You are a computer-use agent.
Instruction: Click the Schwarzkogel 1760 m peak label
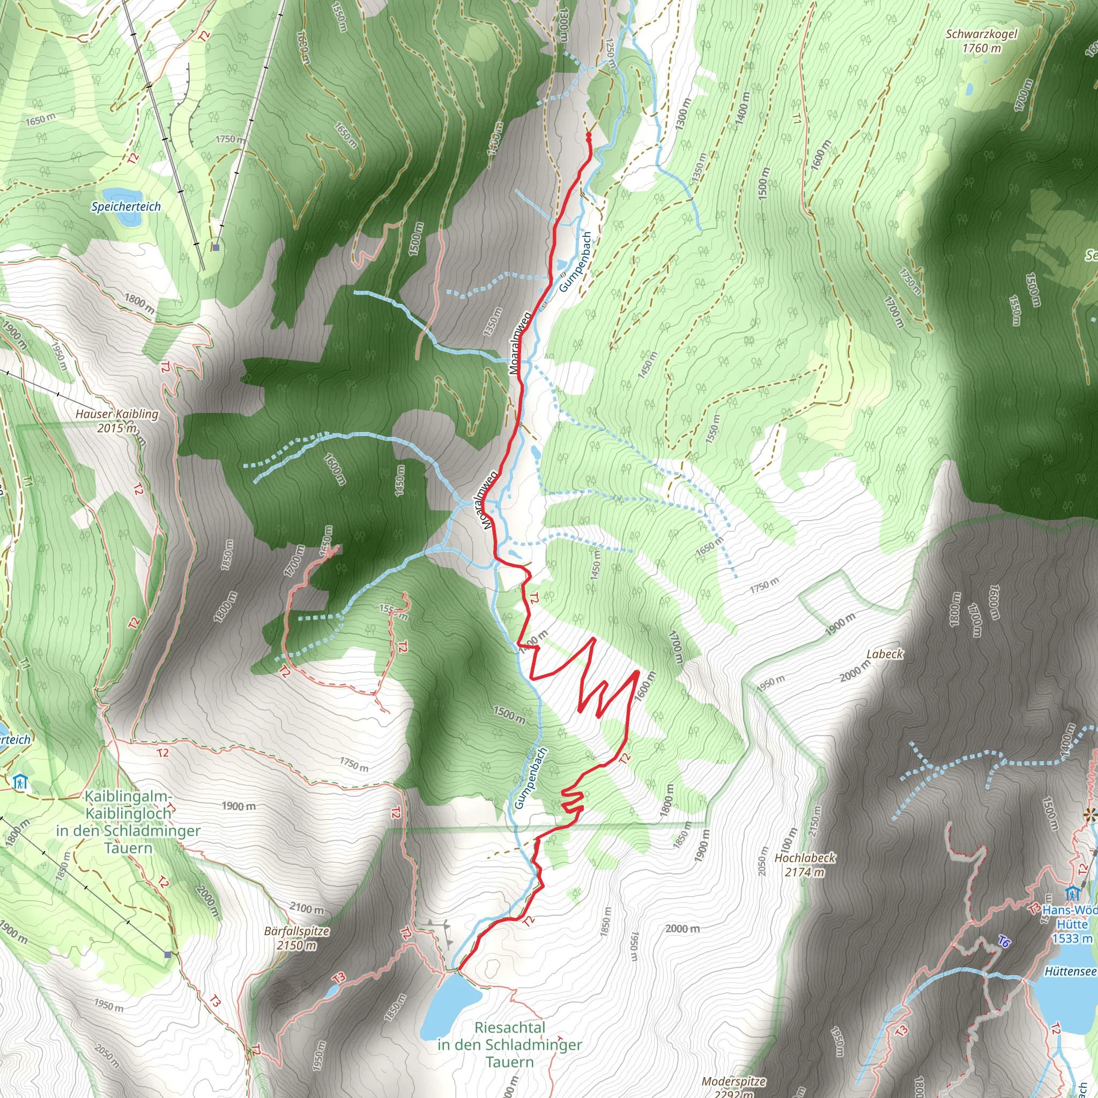pyautogui.click(x=982, y=34)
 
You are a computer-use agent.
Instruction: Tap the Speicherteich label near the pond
pyautogui.click(x=126, y=207)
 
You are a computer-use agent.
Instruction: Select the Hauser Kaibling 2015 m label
pyautogui.click(x=117, y=420)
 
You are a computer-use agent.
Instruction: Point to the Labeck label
pyautogui.click(x=884, y=654)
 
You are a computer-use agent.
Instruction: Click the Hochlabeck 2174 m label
pyautogui.click(x=805, y=864)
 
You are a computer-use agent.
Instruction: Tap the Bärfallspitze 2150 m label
pyautogui.click(x=296, y=938)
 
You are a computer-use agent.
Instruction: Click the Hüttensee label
pyautogui.click(x=1070, y=971)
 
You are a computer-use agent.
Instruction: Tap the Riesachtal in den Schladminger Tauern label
pyautogui.click(x=510, y=1044)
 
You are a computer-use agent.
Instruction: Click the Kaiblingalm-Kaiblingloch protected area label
pyautogui.click(x=128, y=822)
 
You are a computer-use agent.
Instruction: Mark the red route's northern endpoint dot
pyautogui.click(x=588, y=135)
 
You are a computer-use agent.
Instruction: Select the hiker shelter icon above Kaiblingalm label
pyautogui.click(x=20, y=783)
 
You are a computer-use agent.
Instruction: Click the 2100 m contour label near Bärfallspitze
pyautogui.click(x=307, y=908)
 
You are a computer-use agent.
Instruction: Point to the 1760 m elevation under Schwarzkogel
pyautogui.click(x=982, y=49)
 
